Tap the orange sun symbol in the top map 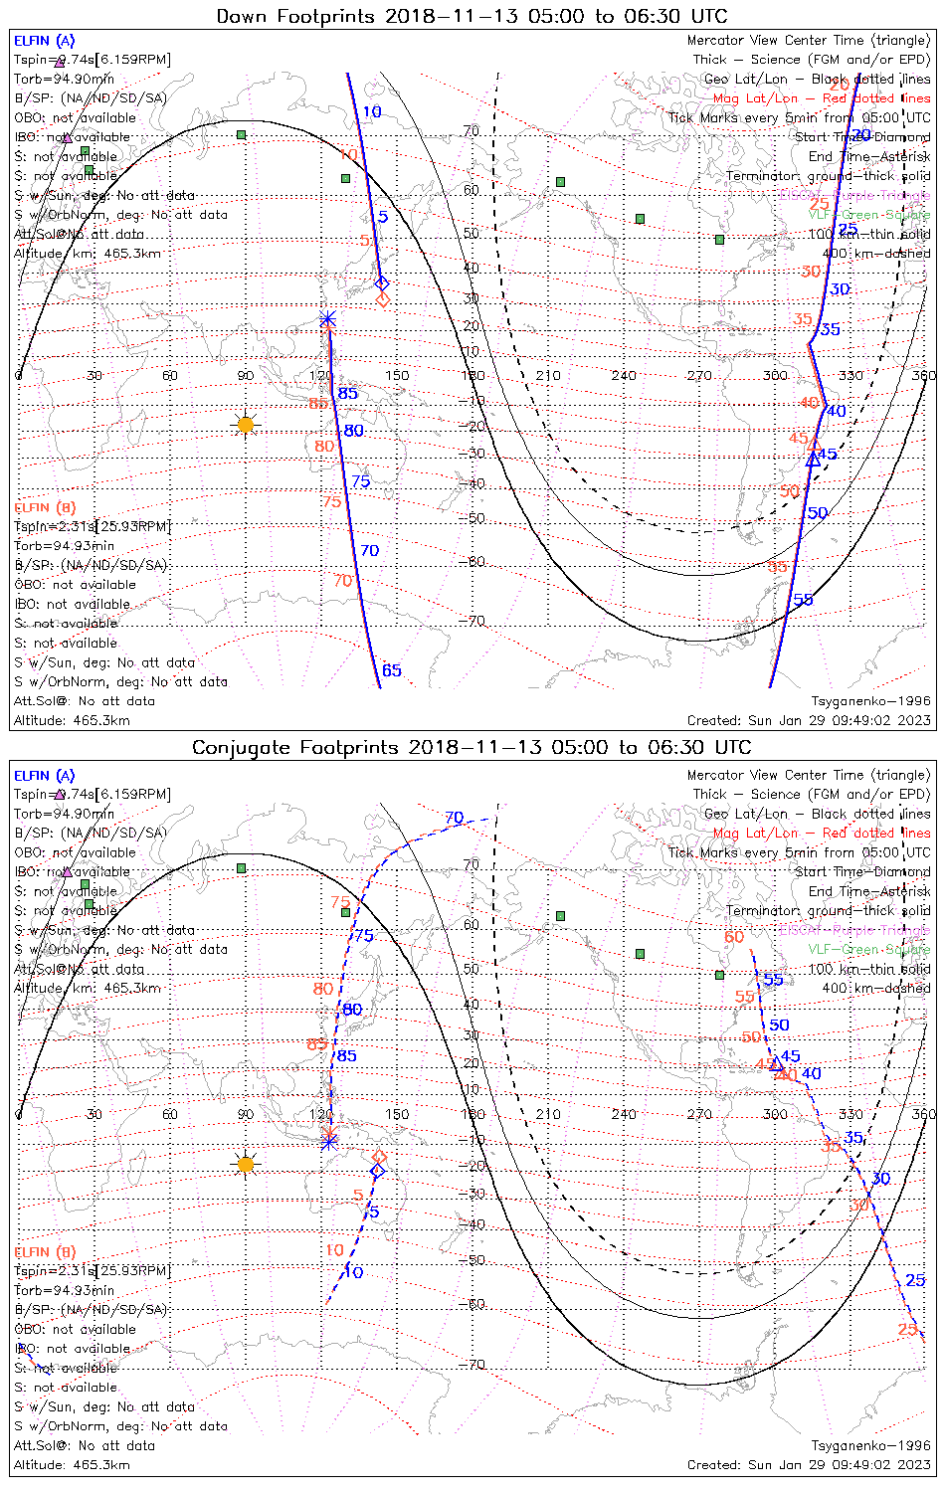(246, 425)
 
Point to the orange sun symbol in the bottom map (246, 1164)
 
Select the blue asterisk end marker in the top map (328, 319)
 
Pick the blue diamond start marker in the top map (382, 282)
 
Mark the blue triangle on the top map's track (814, 459)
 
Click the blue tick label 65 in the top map (392, 670)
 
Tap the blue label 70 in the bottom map (455, 818)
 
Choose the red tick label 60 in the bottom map (734, 937)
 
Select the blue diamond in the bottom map (377, 1171)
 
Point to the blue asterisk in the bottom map (329, 1141)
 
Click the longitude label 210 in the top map (548, 376)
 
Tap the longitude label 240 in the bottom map (624, 1115)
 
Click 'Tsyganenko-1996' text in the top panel (871, 701)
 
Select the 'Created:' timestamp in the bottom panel (809, 1465)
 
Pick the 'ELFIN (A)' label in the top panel (44, 41)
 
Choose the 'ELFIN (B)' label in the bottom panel (45, 1252)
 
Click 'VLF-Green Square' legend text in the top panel (869, 215)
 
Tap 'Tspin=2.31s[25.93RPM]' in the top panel (93, 526)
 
